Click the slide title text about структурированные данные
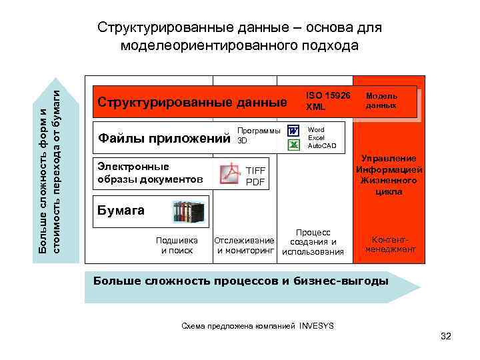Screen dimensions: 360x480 coord(239,37)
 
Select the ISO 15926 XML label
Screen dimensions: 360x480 coord(327,101)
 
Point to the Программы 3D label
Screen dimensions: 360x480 coord(259,135)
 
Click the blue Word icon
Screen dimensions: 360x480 coord(293,131)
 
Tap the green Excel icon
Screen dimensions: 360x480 coord(293,145)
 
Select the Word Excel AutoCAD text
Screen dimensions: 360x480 coord(322,137)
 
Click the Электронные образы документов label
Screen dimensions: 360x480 coord(150,173)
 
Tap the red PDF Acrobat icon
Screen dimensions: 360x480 coord(229,174)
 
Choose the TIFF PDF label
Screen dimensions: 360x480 coord(255,176)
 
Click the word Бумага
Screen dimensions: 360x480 coord(121,210)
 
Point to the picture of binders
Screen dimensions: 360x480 coord(189,212)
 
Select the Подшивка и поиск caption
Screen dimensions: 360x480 coord(177,245)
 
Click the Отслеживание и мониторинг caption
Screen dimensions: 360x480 coord(244,245)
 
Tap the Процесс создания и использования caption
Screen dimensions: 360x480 coord(313,241)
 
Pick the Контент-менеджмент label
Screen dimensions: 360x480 coord(390,244)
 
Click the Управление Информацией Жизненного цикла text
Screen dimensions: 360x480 coord(389,175)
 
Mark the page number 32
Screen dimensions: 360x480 coord(446,336)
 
